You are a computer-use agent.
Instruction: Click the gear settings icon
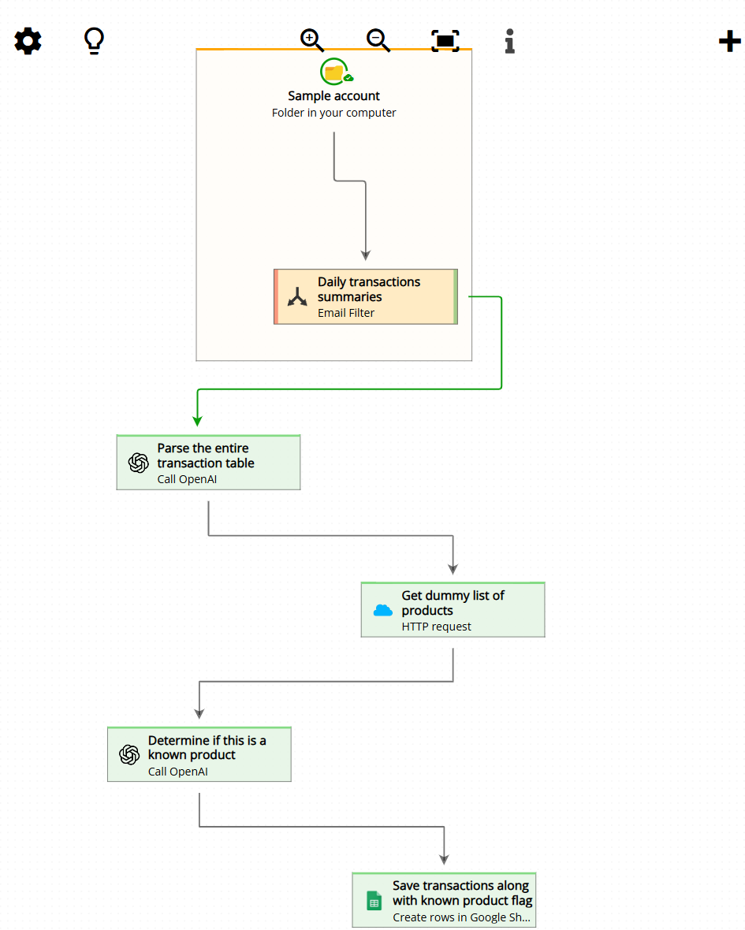pos(28,41)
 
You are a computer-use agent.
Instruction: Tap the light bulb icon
pos(95,41)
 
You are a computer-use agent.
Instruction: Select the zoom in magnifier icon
pos(312,40)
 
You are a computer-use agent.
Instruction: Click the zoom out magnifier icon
pos(378,40)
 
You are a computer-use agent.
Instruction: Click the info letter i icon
pos(510,41)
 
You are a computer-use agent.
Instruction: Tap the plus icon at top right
pos(730,41)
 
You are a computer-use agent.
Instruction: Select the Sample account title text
pos(333,96)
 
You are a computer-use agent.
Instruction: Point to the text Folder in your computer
pos(333,113)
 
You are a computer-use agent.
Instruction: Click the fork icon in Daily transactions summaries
pos(297,297)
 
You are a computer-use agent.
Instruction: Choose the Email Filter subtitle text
pos(346,313)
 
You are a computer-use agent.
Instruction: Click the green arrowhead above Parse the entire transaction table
pos(197,420)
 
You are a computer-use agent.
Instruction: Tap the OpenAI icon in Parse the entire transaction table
pos(139,463)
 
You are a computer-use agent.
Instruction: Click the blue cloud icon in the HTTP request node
pos(383,610)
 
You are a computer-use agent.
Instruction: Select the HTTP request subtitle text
pos(436,627)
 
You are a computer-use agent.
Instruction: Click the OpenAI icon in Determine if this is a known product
pos(129,755)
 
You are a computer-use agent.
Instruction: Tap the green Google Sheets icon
pos(374,901)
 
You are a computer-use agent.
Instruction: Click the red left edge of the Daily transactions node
pos(276,296)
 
